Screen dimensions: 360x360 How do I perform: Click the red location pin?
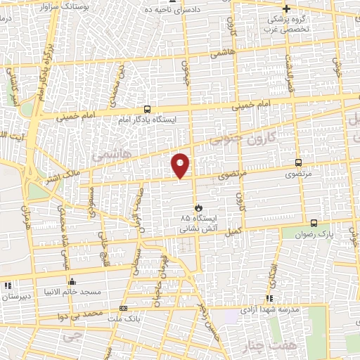(181, 165)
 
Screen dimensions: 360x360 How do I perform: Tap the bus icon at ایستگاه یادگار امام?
(147, 109)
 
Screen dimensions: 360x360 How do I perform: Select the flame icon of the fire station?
(199, 207)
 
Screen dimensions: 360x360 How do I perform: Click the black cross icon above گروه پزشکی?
(286, 9)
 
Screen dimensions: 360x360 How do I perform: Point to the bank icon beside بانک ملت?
(124, 308)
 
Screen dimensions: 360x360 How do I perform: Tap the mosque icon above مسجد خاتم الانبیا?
(72, 282)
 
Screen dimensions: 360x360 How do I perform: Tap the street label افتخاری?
(271, 272)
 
